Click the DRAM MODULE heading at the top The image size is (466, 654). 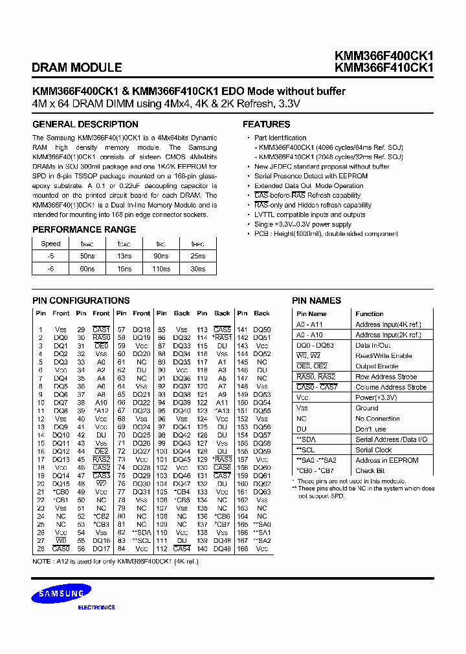76,67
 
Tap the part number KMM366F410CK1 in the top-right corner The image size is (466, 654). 384,67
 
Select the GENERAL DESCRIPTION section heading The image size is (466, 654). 85,124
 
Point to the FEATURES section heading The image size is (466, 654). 266,124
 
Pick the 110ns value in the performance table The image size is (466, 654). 160,269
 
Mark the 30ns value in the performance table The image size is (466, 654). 197,269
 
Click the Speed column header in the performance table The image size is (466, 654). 50,244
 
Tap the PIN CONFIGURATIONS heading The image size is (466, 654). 81,301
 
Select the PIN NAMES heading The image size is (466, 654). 316,301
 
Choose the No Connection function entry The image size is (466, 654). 377,418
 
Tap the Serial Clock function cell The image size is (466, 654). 373,450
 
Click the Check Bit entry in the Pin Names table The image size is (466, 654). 370,470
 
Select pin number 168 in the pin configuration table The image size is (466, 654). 243,549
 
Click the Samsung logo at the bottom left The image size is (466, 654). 63,594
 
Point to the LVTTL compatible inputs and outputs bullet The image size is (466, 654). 309,215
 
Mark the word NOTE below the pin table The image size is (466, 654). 41,561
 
